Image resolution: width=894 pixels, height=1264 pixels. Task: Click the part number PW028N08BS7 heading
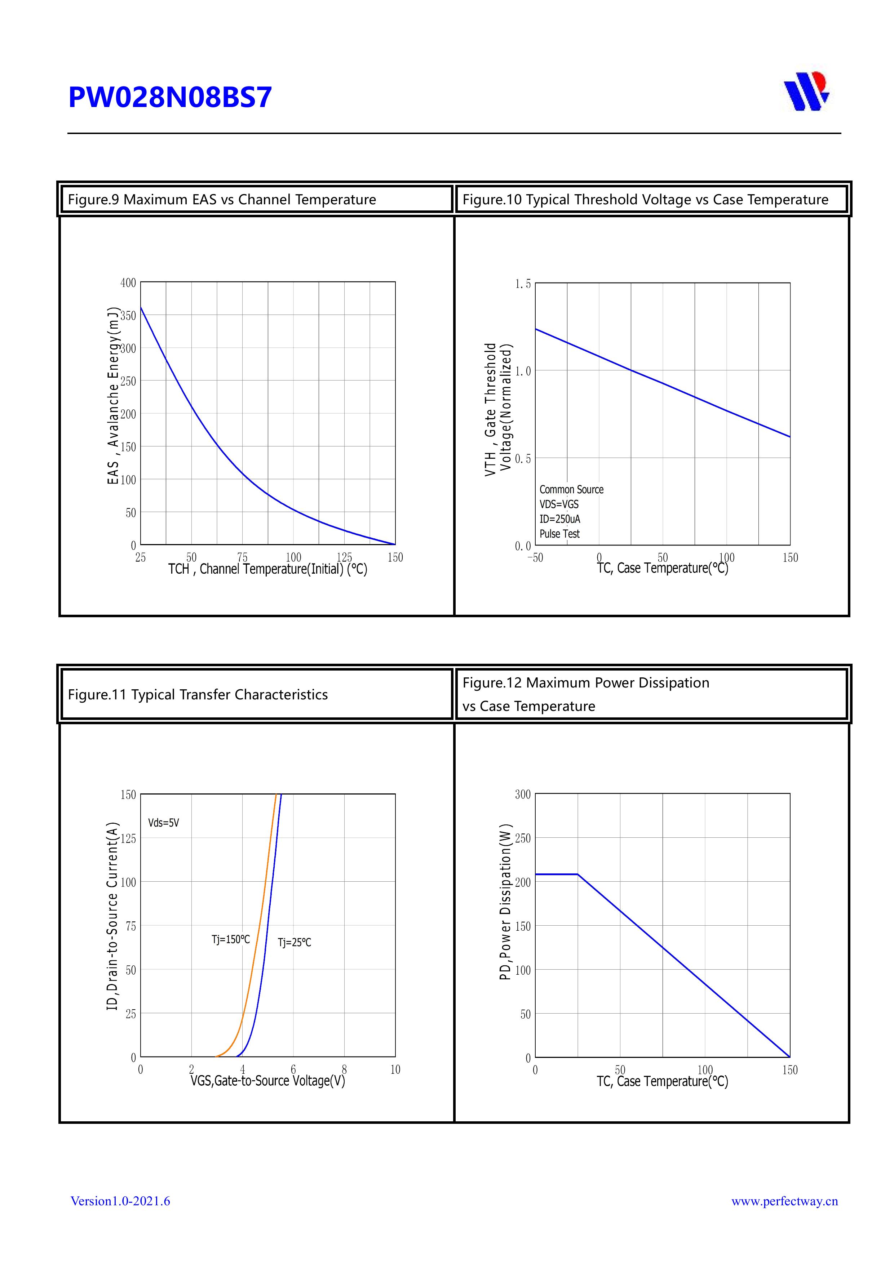coord(170,97)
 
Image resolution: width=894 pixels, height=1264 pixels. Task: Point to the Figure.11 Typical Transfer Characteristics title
coord(198,694)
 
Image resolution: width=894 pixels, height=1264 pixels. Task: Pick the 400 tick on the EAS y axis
coord(128,283)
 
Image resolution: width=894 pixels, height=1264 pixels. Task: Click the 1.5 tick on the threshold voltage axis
coord(523,284)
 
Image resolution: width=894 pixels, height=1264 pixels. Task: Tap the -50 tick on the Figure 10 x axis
coord(535,558)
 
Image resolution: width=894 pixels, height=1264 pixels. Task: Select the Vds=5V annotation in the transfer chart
coord(164,823)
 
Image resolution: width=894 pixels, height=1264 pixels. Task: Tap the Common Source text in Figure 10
coord(571,489)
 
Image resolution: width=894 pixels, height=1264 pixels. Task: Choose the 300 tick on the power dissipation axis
coord(523,795)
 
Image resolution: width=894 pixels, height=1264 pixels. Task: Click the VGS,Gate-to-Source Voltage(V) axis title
coord(268,1081)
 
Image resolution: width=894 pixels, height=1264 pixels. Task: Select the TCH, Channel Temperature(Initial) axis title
coord(268,569)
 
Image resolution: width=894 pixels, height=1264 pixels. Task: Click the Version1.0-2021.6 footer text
coord(120,1201)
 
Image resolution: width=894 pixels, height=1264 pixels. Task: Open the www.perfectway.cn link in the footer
coord(784,1201)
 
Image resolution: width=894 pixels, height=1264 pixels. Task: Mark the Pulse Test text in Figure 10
coord(559,534)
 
